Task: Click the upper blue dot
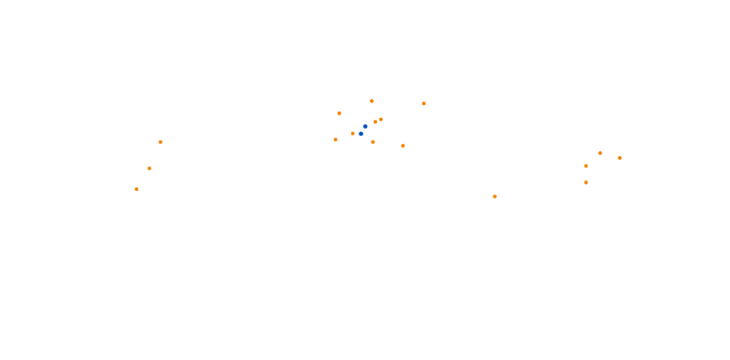pos(365,126)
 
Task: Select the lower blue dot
pos(361,133)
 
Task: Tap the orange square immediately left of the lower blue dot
pos(353,133)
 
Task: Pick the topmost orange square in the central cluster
pos(371,101)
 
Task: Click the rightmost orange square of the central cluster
pos(423,103)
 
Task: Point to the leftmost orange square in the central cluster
pos(336,140)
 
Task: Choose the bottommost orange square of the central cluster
pos(403,145)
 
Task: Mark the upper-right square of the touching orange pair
pos(381,119)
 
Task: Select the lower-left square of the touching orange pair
pos(376,122)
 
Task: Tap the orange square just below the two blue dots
pos(373,142)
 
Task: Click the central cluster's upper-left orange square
pos(339,113)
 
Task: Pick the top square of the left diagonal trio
pos(160,142)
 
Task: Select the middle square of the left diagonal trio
pos(150,168)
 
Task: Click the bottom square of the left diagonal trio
pos(136,189)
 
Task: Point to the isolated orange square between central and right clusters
pos(495,197)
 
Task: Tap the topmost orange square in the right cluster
pos(600,153)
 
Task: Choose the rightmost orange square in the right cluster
pos(620,158)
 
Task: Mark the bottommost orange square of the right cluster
pos(586,182)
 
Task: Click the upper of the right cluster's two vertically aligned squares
pos(586,166)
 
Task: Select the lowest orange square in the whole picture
pos(495,197)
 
